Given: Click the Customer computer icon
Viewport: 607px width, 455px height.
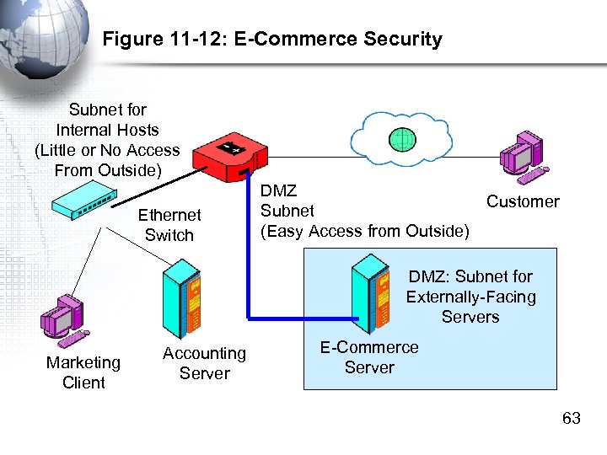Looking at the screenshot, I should click(x=522, y=158).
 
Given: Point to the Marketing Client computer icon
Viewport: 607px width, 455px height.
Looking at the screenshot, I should click(x=63, y=322).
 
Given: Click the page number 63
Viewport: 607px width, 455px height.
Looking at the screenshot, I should click(x=571, y=419).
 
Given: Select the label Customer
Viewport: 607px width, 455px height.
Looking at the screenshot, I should click(x=522, y=201).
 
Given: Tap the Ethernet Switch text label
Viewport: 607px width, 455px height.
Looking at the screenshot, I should click(x=169, y=226).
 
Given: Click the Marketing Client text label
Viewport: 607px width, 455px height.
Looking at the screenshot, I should click(x=83, y=372).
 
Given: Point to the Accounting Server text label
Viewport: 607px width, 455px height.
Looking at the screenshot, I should click(x=204, y=363).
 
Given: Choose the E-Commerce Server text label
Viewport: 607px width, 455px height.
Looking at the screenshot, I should click(x=369, y=357).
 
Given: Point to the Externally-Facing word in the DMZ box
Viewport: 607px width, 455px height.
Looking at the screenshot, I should click(x=470, y=297).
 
